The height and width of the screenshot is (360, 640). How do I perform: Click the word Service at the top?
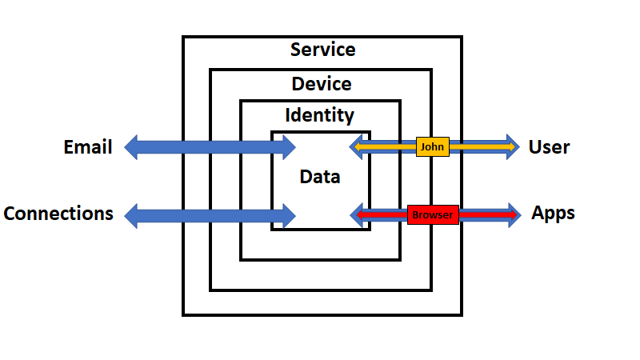322,50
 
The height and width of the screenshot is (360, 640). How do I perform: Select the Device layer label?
321,83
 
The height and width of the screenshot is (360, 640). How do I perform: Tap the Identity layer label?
320,115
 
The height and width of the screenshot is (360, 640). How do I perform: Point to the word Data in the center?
320,177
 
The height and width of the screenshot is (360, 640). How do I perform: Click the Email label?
88,147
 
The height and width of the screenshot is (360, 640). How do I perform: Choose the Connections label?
58,214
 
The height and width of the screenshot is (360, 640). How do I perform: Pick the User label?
549,147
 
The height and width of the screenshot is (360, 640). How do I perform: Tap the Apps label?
553,214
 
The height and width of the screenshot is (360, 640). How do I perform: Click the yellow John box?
433,147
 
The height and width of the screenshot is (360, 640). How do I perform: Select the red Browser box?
433,214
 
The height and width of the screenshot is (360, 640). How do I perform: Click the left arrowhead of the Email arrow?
132,147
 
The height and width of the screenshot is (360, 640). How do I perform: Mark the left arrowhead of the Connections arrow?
132,214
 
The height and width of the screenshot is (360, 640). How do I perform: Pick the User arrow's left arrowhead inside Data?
357,147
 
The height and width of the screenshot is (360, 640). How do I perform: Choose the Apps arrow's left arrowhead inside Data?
357,214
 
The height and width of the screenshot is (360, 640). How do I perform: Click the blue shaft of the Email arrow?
208,147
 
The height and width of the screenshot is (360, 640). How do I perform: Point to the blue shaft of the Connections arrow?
208,214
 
